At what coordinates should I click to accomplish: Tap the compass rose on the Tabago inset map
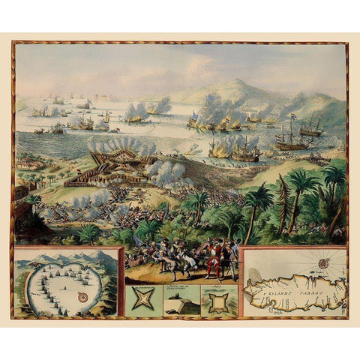pyautogui.click(x=324, y=262)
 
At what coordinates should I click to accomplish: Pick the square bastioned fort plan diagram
pyautogui.click(x=220, y=301)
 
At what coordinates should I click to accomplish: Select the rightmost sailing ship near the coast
pyautogui.click(x=310, y=128)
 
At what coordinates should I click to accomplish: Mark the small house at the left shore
pyautogui.click(x=28, y=163)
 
